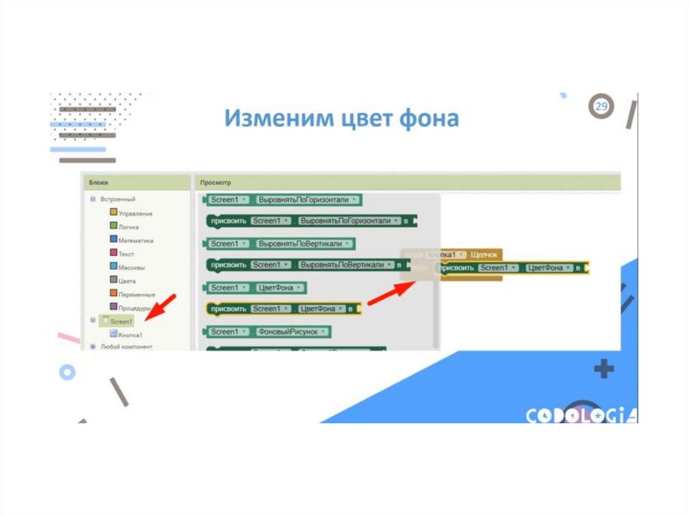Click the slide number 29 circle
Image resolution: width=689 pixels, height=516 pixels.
click(x=602, y=107)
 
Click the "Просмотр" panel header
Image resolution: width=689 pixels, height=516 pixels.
click(x=217, y=182)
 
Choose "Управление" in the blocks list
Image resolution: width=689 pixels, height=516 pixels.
click(x=135, y=213)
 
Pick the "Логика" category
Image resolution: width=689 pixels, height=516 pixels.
click(x=129, y=227)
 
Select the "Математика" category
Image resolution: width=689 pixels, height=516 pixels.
click(x=135, y=240)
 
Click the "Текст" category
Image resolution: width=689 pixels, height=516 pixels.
click(x=126, y=254)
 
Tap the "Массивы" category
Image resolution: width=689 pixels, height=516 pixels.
click(x=131, y=267)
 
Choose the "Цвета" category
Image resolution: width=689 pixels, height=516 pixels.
click(x=126, y=281)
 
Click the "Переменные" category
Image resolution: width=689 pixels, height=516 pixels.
click(x=137, y=294)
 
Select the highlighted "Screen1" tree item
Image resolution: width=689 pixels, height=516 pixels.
click(x=121, y=321)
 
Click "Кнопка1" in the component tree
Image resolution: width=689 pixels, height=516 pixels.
click(x=130, y=334)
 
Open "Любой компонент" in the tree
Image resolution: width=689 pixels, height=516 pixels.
click(x=126, y=346)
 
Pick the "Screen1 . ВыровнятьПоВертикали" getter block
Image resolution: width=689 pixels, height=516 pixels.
click(x=279, y=244)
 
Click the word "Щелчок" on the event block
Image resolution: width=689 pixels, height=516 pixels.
click(x=484, y=255)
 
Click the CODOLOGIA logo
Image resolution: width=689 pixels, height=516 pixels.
click(x=581, y=415)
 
